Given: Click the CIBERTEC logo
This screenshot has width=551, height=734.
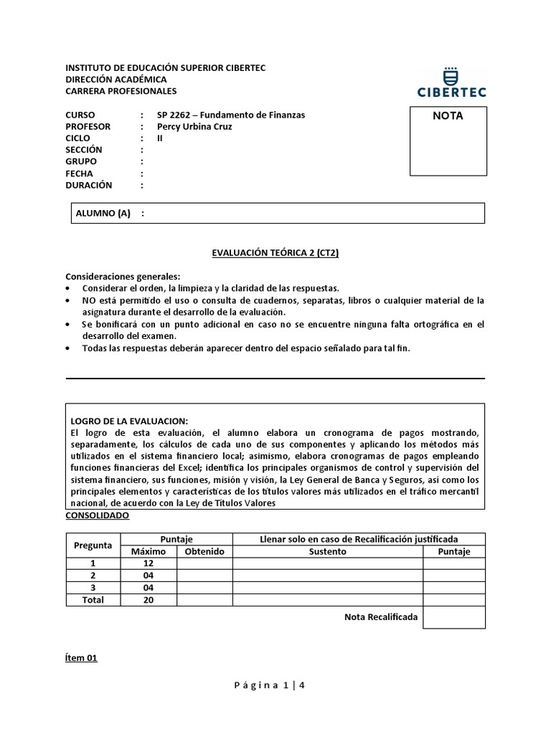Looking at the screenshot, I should (x=451, y=82).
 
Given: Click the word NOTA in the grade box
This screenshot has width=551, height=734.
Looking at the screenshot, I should (x=448, y=115).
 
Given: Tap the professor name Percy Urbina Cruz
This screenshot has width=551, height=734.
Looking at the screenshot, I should (x=194, y=127).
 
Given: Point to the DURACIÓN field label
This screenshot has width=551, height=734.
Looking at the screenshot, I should (x=89, y=185).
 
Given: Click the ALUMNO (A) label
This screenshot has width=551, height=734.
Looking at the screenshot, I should (x=103, y=213).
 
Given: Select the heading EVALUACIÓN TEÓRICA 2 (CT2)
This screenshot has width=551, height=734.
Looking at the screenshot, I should (x=275, y=253).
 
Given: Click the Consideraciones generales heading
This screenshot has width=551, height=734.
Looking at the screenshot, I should (x=123, y=277).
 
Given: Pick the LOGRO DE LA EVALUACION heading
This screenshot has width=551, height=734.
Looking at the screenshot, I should (x=129, y=421).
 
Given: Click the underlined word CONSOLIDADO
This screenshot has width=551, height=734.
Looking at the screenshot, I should (x=98, y=515).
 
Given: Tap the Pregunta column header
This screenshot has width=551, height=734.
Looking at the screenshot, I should (x=93, y=545).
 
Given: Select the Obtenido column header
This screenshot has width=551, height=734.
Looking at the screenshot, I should (x=204, y=551).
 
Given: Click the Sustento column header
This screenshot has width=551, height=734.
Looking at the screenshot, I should (x=327, y=551).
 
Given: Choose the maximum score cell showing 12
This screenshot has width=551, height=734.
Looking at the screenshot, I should (x=149, y=563).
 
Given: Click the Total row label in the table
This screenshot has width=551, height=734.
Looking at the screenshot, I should (x=93, y=600).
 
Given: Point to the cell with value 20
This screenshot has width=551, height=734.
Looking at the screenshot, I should (x=149, y=600).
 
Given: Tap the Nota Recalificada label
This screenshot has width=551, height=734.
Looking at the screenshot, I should (x=380, y=616).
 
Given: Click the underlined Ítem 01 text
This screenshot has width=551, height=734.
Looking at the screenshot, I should (x=81, y=658).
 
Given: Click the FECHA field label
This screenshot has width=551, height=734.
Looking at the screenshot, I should (x=80, y=173).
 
